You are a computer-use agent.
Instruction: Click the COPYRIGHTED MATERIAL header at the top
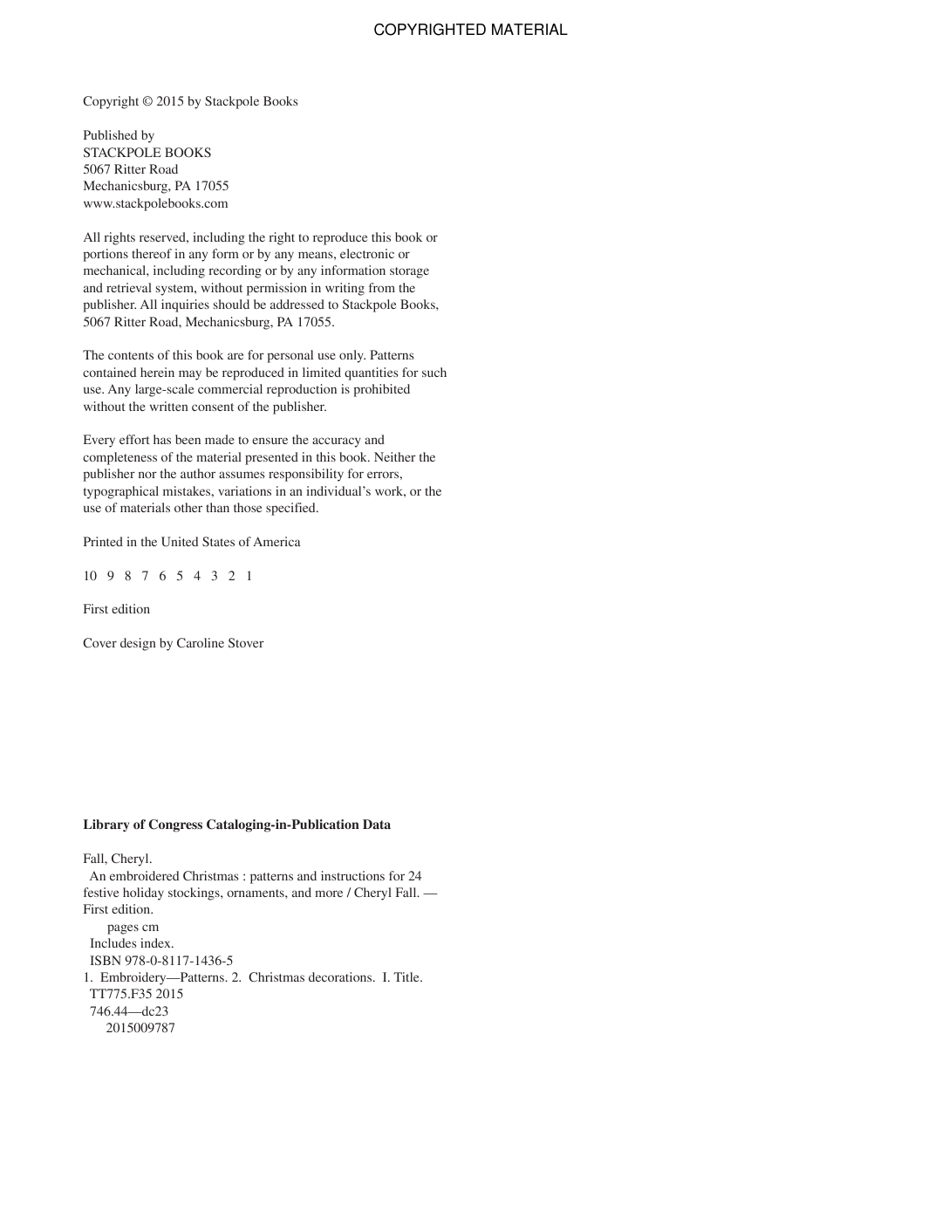tap(470, 30)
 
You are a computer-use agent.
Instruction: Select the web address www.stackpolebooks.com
tap(155, 203)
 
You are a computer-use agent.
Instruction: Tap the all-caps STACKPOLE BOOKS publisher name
tap(147, 153)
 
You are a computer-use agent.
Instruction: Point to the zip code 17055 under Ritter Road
tap(211, 186)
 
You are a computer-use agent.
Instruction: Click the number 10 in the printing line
tap(90, 576)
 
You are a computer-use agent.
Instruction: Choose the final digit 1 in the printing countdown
tap(249, 576)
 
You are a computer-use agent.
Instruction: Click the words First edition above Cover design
tap(116, 609)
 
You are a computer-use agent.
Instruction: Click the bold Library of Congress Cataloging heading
tap(236, 825)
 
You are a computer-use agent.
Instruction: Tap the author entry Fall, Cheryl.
tap(117, 859)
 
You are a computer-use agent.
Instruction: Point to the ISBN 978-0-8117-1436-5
tap(161, 961)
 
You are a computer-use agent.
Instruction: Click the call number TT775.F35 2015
tap(136, 994)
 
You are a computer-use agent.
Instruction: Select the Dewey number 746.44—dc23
tap(129, 1011)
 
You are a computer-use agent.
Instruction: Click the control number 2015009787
tap(140, 1028)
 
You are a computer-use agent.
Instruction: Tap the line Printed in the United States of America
tap(191, 542)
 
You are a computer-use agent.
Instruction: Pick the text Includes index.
tap(132, 943)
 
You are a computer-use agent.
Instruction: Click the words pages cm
tap(133, 927)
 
